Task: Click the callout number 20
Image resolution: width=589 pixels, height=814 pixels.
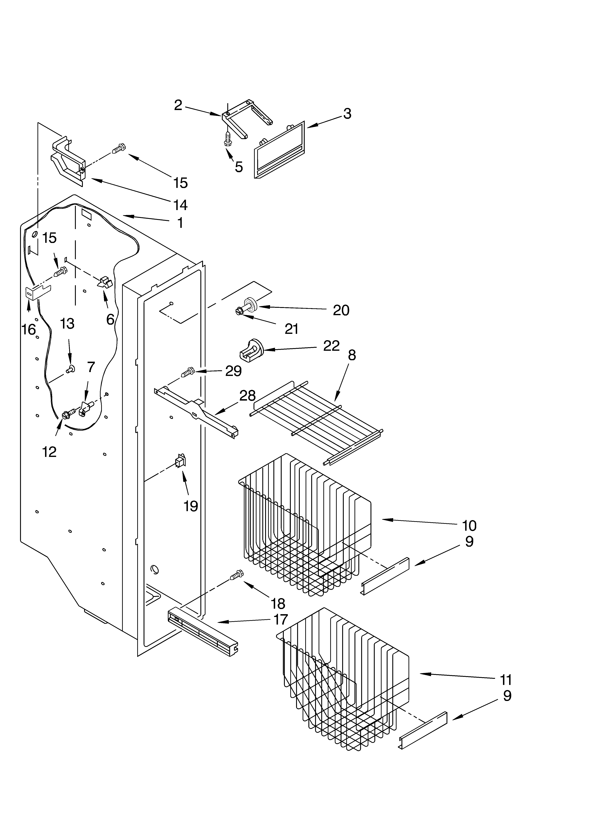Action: (x=341, y=310)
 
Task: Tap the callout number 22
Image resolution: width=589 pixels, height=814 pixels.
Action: (x=331, y=346)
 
